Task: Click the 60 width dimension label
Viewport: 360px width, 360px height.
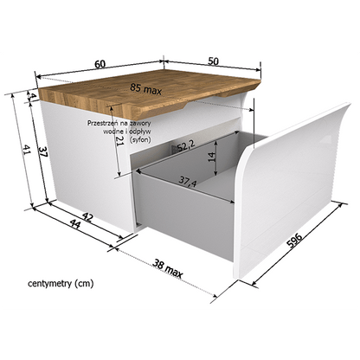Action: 100,64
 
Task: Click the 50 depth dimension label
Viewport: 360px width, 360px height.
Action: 213,61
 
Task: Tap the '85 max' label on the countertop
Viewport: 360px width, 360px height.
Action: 145,89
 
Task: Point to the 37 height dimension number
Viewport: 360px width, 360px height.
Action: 42,152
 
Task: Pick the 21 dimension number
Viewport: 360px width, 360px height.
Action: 119,140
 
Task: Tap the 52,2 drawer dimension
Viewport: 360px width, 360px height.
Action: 186,145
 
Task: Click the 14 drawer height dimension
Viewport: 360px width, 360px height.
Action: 212,157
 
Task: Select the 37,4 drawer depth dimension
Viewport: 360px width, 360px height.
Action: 188,181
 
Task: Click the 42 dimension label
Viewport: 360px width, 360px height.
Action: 87,217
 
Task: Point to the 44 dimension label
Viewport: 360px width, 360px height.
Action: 75,224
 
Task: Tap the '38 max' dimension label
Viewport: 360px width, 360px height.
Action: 168,269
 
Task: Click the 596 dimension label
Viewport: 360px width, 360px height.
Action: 294,241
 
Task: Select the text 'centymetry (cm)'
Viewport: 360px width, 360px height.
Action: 61,283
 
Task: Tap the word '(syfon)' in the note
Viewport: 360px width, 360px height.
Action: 140,140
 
